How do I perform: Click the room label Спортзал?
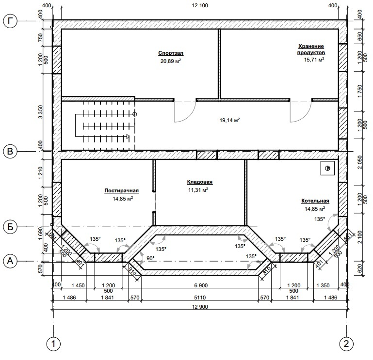tap(171, 53)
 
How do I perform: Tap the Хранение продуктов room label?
tap(311, 49)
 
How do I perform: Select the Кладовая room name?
tap(199, 182)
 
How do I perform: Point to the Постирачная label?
tap(122, 190)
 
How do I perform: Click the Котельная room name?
tap(315, 201)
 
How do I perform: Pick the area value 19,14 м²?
tap(229, 120)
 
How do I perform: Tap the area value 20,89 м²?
tap(171, 61)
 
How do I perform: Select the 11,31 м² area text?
tap(198, 190)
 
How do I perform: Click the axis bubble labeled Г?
tap(10, 21)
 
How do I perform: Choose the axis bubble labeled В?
tap(10, 151)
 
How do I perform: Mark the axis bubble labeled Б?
tap(10, 227)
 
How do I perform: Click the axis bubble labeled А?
tap(10, 261)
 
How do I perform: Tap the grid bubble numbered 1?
tap(53, 344)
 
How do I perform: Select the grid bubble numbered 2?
tap(346, 344)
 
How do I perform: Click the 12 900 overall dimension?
tap(200, 307)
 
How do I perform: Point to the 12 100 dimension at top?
tap(200, 5)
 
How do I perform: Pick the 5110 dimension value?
tap(200, 297)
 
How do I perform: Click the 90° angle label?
tap(150, 258)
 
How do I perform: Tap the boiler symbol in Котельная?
tap(327, 168)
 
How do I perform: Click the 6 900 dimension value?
tap(201, 285)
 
